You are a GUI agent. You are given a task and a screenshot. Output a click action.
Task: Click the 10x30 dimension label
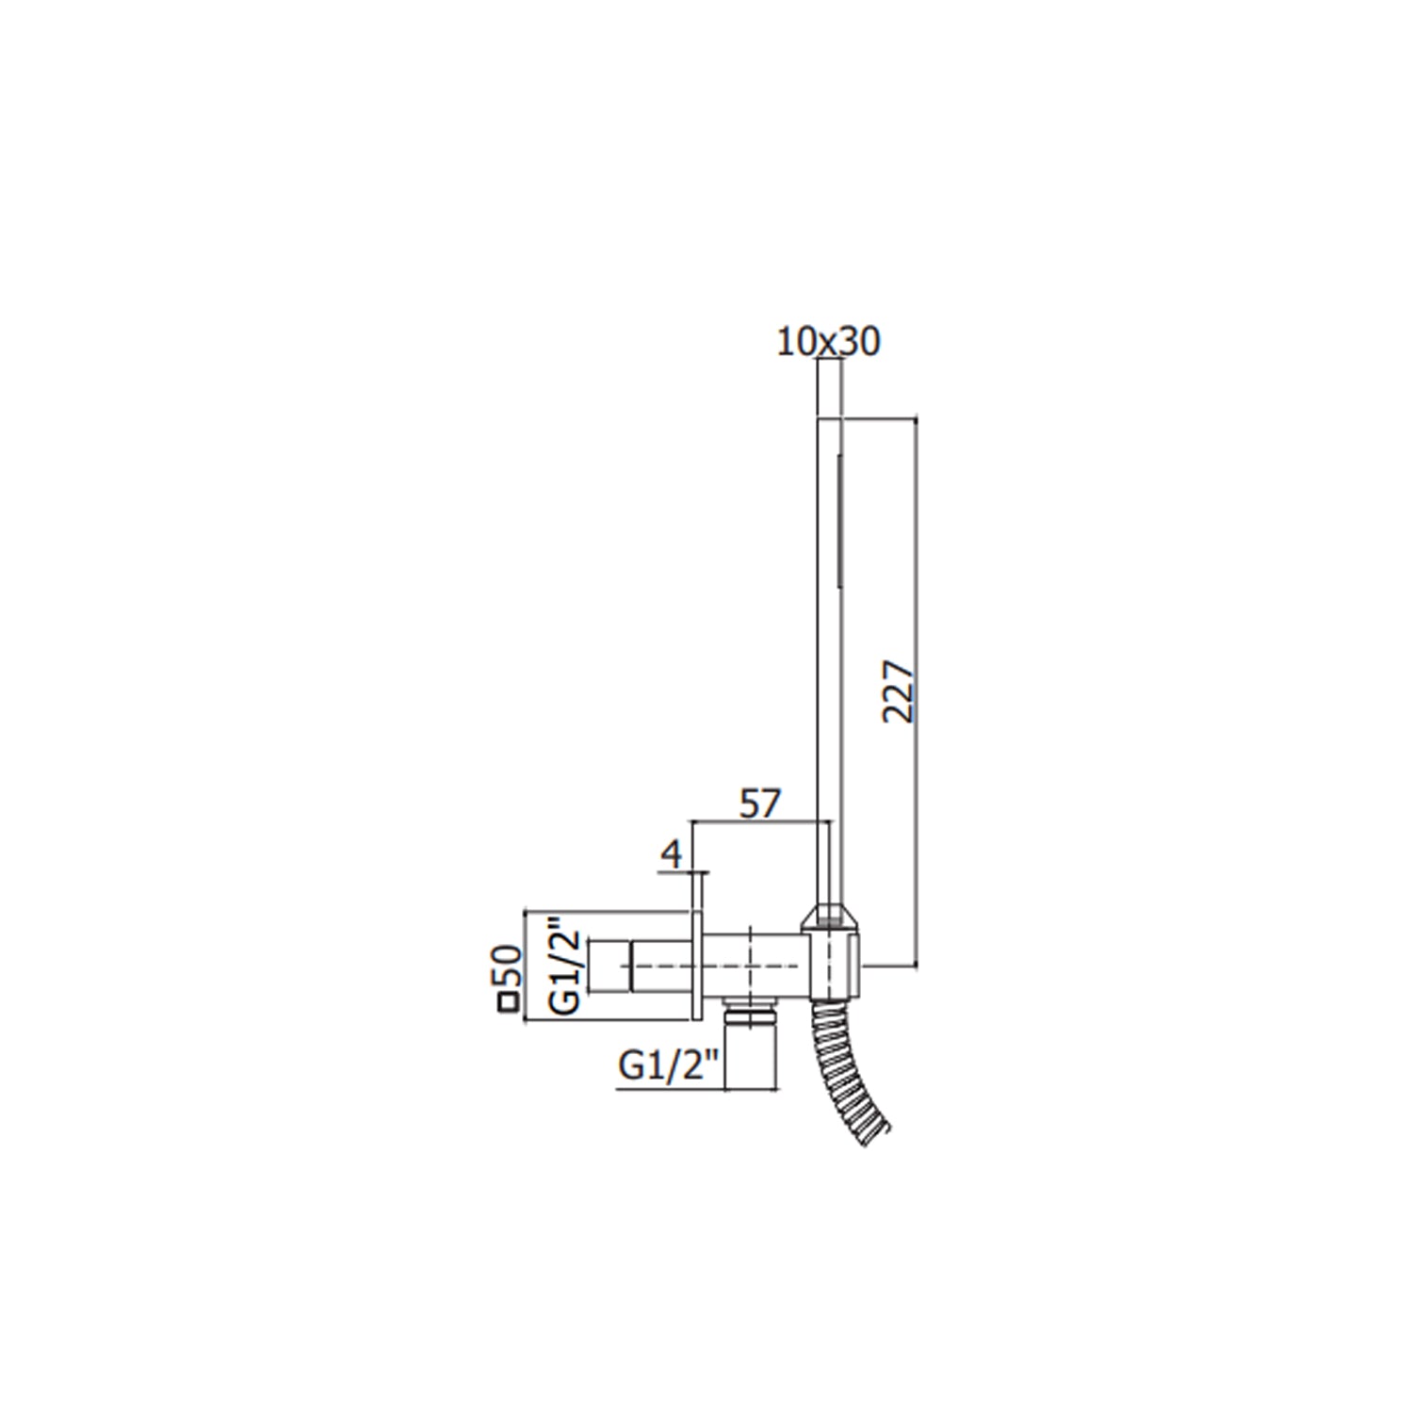point(828,342)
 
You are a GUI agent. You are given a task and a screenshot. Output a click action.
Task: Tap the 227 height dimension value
point(898,690)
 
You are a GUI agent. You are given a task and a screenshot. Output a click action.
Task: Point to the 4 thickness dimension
point(671,854)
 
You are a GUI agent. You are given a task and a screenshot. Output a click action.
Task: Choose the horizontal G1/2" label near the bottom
point(668,1068)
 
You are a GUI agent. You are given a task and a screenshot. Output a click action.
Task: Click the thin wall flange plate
point(698,945)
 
